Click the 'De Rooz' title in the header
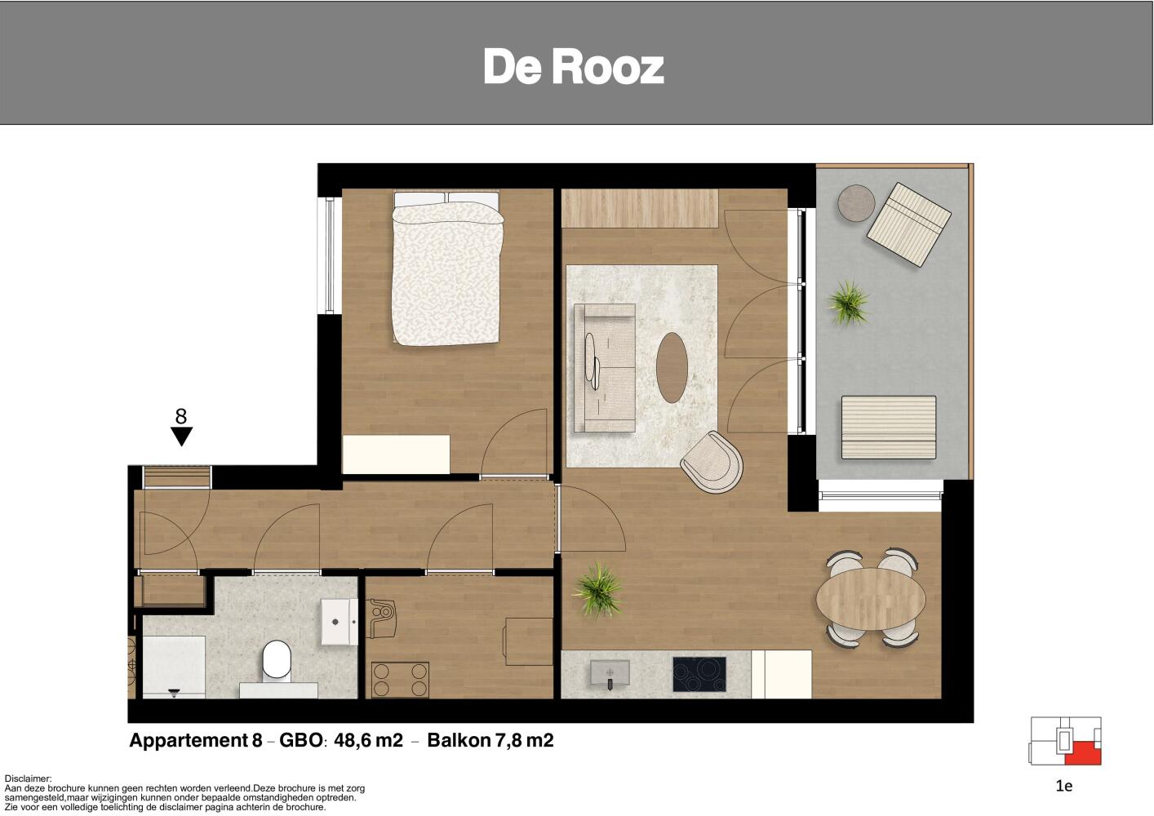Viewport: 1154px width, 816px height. coord(574,66)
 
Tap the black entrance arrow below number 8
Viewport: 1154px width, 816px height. coord(181,436)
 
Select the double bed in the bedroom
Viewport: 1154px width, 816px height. coord(446,268)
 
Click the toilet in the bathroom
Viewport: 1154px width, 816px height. coord(277,661)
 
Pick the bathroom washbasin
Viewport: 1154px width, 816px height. coord(339,622)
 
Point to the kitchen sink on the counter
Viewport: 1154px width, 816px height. coord(610,673)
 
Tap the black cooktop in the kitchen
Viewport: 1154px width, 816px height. coord(699,674)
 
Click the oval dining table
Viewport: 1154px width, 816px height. coord(871,599)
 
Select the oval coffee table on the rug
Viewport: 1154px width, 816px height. coord(672,367)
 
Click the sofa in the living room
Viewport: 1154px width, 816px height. coord(604,368)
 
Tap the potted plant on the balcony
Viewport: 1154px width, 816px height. coord(849,303)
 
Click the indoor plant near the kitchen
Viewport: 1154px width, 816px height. coord(598,590)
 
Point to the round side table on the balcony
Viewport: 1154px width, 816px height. coord(856,203)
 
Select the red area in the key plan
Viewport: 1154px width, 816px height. coord(1084,753)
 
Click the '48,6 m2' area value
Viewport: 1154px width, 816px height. coord(368,740)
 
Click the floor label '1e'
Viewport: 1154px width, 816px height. coord(1064,786)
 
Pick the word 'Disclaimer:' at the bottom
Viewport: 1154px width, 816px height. coord(29,778)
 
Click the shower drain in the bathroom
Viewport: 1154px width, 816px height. coord(174,692)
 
